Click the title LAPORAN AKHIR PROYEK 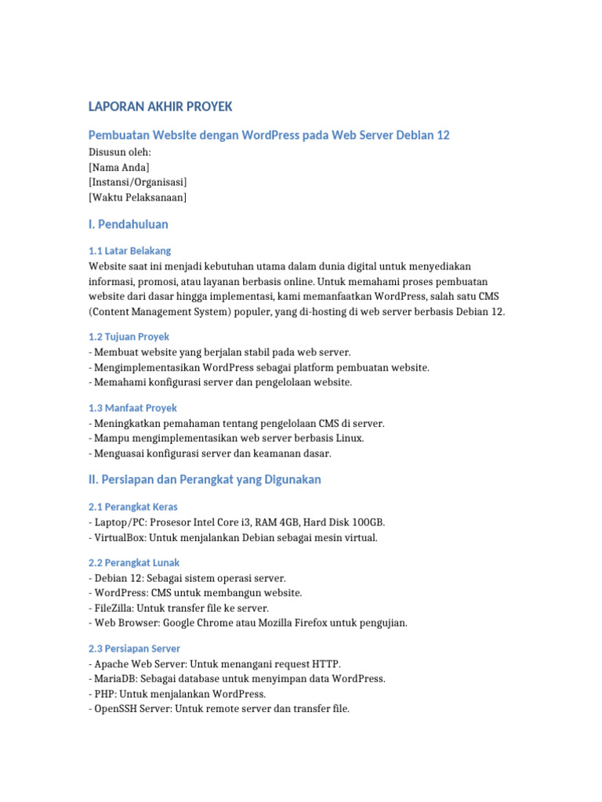(x=161, y=107)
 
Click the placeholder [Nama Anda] (x=119, y=168)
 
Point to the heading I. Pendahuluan (x=129, y=225)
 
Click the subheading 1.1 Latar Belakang (x=130, y=251)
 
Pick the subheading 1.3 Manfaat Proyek (x=133, y=408)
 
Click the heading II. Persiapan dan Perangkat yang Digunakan (x=205, y=479)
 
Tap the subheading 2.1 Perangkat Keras (x=135, y=507)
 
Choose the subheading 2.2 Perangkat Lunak (x=135, y=562)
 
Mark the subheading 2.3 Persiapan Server (x=135, y=648)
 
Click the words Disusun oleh (x=120, y=153)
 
